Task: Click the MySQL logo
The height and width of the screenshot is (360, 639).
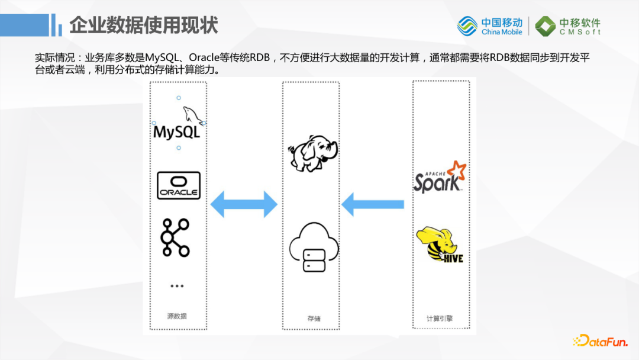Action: pyautogui.click(x=177, y=124)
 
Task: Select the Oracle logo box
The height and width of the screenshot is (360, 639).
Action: pyautogui.click(x=179, y=185)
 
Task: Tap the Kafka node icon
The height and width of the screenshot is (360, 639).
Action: pyautogui.click(x=176, y=237)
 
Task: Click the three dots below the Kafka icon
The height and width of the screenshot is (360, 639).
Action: pyautogui.click(x=177, y=286)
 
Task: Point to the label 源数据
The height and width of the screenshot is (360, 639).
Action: pyautogui.click(x=177, y=316)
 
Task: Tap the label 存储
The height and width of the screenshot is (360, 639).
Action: pyautogui.click(x=314, y=319)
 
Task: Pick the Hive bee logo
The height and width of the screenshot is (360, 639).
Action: pyautogui.click(x=440, y=244)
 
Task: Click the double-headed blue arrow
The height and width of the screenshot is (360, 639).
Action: pyautogui.click(x=244, y=204)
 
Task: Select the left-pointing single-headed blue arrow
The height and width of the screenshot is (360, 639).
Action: pyautogui.click(x=373, y=204)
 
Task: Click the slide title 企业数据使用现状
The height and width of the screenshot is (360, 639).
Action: pyautogui.click(x=144, y=25)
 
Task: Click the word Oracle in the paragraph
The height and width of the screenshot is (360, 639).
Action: pyautogui.click(x=207, y=58)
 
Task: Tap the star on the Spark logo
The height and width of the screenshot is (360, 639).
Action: pyautogui.click(x=457, y=169)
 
